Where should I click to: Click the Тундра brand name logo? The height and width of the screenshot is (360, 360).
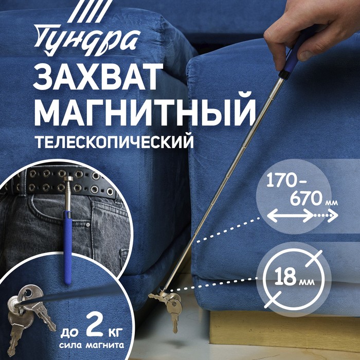(x=87, y=40)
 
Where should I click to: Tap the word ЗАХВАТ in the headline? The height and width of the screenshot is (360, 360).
(x=98, y=77)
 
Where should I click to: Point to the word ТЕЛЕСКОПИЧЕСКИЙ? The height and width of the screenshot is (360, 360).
(x=114, y=142)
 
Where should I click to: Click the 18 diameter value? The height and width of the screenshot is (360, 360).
(x=285, y=277)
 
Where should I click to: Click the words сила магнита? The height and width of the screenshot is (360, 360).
(x=92, y=345)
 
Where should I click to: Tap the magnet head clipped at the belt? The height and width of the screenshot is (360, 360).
(x=68, y=179)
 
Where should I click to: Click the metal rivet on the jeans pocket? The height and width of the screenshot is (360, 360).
(x=88, y=225)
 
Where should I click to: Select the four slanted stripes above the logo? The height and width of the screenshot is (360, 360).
(x=90, y=11)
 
